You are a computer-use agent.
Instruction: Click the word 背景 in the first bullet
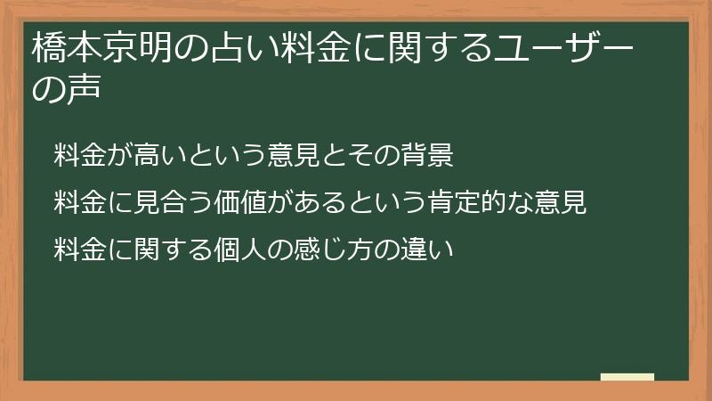433,157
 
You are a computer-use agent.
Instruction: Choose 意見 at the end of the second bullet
566,203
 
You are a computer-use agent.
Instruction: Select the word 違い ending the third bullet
433,250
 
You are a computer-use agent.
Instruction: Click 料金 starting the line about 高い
76,157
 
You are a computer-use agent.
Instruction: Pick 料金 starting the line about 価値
76,203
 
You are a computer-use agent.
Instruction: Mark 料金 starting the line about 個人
76,250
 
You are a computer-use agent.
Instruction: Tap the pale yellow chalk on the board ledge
627,377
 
